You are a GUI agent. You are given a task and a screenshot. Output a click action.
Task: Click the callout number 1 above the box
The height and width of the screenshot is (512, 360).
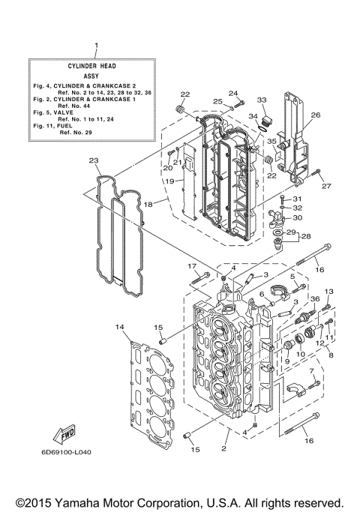[96, 46]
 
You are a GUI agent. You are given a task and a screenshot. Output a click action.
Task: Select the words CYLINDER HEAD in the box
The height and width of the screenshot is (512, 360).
[95, 66]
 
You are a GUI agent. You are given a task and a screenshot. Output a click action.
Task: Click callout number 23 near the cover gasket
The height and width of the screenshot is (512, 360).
[93, 160]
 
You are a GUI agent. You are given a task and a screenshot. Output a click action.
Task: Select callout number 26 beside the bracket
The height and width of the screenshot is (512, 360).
[315, 115]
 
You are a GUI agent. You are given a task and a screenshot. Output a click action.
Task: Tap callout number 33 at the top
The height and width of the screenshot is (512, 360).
[262, 100]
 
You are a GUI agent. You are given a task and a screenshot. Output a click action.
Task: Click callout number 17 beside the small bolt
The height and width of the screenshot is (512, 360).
[191, 266]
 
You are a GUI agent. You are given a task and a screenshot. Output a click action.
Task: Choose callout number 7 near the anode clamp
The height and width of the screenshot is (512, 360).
[311, 372]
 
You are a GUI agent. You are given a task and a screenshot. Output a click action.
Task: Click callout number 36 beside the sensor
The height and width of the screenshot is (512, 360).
[315, 300]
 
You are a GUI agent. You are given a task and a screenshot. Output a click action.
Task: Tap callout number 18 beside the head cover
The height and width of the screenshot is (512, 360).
[148, 204]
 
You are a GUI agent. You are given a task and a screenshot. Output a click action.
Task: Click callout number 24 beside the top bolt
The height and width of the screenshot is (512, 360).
[232, 94]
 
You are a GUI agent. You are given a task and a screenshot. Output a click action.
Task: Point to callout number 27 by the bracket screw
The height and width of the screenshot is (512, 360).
[326, 186]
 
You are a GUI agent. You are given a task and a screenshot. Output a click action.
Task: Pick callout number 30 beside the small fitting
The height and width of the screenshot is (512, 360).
[297, 217]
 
